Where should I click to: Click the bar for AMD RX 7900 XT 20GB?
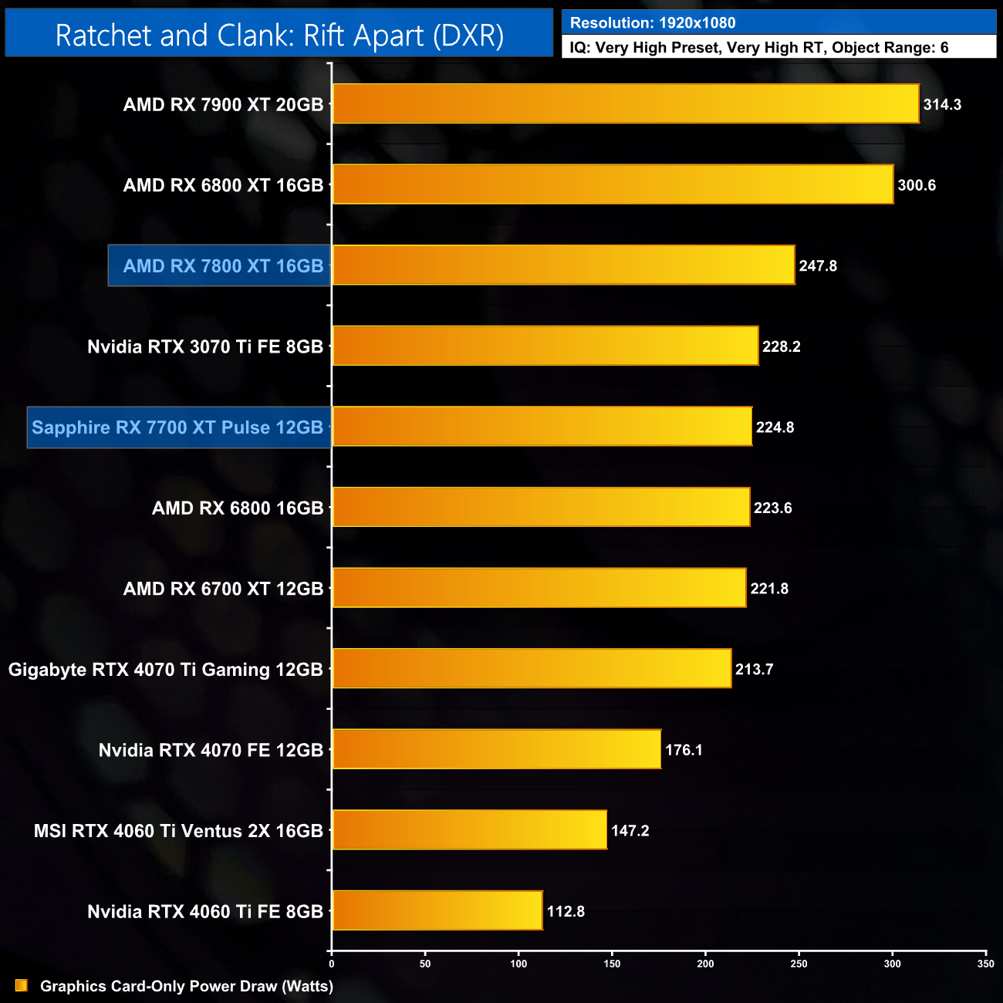[x=626, y=103]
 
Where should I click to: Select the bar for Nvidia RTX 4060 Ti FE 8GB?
[x=437, y=910]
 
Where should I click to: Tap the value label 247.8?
[x=818, y=265]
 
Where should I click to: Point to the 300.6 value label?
[x=917, y=185]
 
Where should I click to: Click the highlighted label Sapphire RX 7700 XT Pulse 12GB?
[x=178, y=427]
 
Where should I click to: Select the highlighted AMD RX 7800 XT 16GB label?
[x=220, y=266]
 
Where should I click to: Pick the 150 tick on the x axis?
[x=612, y=964]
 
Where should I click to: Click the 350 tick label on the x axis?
[x=985, y=964]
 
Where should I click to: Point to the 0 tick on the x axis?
[x=332, y=964]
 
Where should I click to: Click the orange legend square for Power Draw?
[x=22, y=985]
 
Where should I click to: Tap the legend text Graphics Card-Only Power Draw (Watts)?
[x=187, y=986]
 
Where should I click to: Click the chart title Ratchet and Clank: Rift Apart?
[x=279, y=35]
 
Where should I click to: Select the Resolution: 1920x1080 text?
[x=653, y=22]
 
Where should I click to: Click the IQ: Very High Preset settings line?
[x=759, y=47]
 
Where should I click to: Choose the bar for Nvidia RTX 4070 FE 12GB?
[x=497, y=749]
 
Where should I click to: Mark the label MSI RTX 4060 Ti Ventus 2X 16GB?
[x=178, y=831]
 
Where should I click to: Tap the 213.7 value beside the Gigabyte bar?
[x=754, y=669]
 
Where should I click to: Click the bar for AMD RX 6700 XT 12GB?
[x=539, y=588]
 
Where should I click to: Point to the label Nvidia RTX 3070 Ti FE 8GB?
[x=205, y=346]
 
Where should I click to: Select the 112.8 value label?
[x=566, y=911]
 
